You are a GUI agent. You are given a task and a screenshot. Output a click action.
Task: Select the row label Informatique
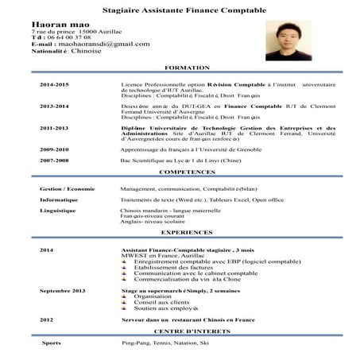58,200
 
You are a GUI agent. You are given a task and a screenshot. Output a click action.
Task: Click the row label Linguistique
58,211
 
